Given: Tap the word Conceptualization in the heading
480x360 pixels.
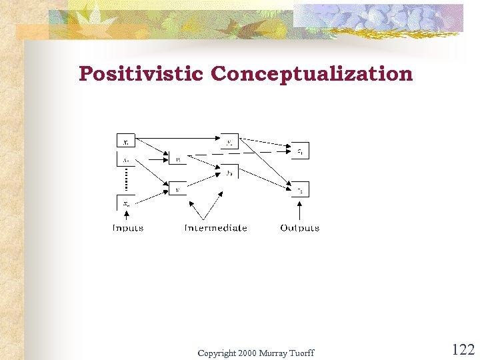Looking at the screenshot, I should [312, 74].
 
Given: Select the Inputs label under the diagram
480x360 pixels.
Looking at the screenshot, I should [127, 228].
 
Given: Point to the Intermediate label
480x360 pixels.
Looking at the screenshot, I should [215, 228].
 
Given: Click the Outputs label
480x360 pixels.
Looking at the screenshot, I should [299, 228].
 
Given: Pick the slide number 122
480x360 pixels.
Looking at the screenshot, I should [463, 349].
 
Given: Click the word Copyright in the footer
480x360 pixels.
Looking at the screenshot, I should [217, 353].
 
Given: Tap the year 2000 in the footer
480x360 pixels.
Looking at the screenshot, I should [247, 353].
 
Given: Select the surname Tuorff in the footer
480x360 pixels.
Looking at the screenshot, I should [301, 353].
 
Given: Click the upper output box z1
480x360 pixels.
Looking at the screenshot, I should [300, 151].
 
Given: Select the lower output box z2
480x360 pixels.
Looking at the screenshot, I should [300, 190].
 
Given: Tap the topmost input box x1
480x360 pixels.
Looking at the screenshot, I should [126, 141].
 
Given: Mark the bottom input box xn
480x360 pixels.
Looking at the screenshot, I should [126, 203].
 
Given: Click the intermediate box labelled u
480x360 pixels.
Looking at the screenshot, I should [177, 159].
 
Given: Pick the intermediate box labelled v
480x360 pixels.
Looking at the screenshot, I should [177, 189].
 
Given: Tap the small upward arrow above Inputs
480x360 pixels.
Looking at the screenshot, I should [126, 215].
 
